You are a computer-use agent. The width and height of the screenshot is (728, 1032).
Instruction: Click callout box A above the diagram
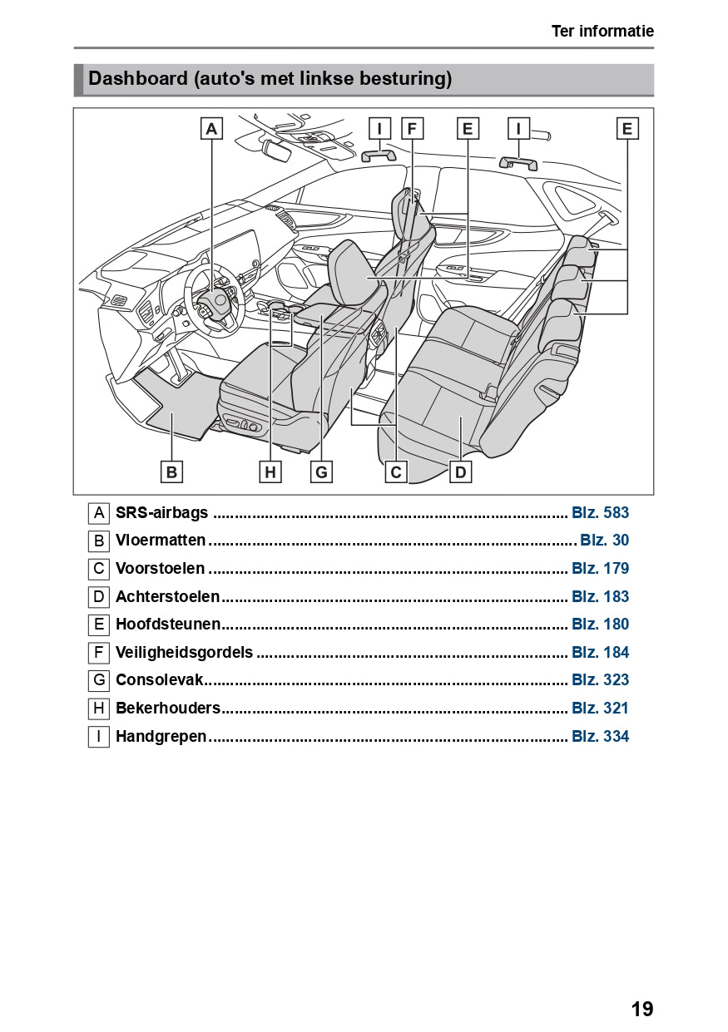(211, 129)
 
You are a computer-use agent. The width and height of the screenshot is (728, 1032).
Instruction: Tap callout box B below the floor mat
(171, 472)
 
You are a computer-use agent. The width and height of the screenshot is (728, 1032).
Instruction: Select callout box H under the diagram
(270, 472)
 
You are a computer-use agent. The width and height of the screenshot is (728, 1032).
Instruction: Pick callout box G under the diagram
(321, 472)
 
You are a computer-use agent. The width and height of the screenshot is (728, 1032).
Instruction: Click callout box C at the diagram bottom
(396, 472)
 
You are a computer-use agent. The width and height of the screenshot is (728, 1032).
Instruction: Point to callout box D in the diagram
(460, 472)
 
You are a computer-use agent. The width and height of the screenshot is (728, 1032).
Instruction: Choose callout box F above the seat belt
(412, 129)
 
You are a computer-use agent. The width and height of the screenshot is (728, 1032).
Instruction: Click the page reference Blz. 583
(600, 512)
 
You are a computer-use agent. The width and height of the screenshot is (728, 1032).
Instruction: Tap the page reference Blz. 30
(604, 540)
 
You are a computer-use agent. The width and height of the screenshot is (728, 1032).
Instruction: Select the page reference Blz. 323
(600, 679)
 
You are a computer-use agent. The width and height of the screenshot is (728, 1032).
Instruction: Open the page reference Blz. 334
(600, 736)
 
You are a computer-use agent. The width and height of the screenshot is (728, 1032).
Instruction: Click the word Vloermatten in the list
(161, 540)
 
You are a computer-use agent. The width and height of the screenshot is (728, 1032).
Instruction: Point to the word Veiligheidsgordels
(184, 652)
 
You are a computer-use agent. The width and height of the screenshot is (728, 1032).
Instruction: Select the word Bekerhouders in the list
(168, 708)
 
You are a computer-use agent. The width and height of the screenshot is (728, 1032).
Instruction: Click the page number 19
(641, 1009)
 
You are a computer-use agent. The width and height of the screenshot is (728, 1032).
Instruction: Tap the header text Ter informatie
(602, 32)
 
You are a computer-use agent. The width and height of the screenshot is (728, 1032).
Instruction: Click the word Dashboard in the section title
(138, 79)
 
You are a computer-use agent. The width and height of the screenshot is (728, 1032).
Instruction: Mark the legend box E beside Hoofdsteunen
(99, 624)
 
